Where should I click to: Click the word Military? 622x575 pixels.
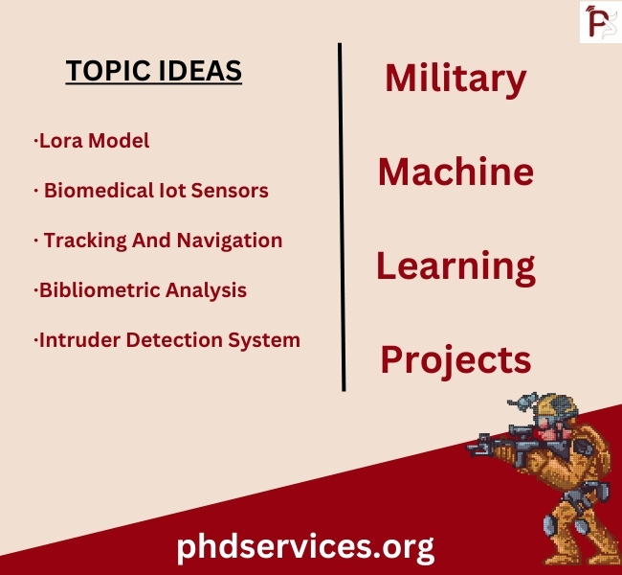[455, 79]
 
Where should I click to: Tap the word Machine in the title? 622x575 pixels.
[455, 172]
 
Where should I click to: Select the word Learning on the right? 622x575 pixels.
[455, 266]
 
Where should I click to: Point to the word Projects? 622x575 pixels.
[455, 359]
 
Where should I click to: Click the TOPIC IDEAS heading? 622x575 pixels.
[153, 71]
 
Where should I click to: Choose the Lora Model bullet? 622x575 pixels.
[92, 141]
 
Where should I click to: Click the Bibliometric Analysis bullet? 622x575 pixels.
[141, 290]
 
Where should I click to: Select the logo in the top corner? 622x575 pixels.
[599, 21]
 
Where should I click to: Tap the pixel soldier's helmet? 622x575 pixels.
[553, 407]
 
